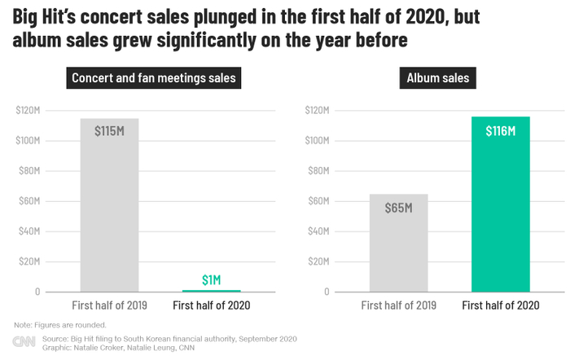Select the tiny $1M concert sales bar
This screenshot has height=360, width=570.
pyautogui.click(x=211, y=290)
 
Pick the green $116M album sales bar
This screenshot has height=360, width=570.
pyautogui.click(x=501, y=204)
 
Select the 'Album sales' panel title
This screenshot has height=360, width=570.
pyautogui.click(x=443, y=79)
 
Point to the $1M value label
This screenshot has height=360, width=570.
pyautogui.click(x=211, y=279)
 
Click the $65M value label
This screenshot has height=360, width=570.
pyautogui.click(x=398, y=207)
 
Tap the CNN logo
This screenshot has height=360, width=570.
pyautogui.click(x=23, y=343)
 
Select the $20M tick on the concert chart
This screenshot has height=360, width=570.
pyautogui.click(x=29, y=261)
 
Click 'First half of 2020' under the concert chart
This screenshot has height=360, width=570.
pyautogui.click(x=212, y=305)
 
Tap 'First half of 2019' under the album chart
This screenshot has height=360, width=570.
pyautogui.click(x=399, y=305)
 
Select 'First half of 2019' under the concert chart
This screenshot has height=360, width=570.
pyautogui.click(x=110, y=305)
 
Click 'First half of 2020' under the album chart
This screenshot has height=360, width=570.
pyautogui.click(x=501, y=305)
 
